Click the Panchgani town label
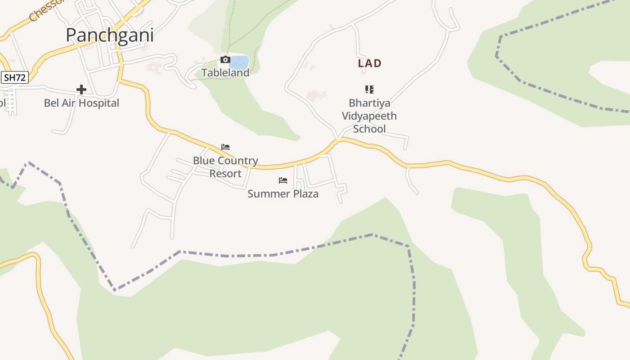coord(110,35)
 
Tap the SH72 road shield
coord(14,77)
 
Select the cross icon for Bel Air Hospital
coord(81,90)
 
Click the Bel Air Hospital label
coord(81,103)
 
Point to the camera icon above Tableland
coord(225,60)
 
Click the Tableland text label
coord(225,72)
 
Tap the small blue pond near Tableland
coord(240,62)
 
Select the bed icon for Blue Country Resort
coord(225,147)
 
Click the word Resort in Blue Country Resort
coord(225,173)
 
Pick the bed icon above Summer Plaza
coord(283,180)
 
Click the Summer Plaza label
coord(283,194)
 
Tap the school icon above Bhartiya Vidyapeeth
coord(369,90)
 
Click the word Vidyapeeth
coord(369,116)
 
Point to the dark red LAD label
coord(369,63)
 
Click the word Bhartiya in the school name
coord(369,103)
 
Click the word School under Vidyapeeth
coord(369,129)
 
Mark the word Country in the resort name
coord(237,161)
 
